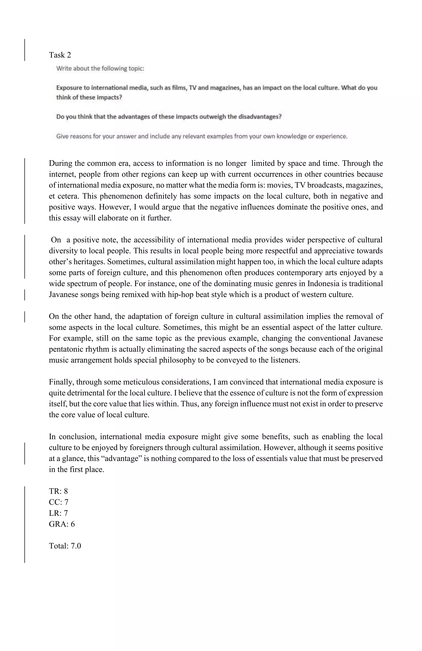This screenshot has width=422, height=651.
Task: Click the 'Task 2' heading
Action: [60, 55]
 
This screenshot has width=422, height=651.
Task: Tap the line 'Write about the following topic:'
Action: [100, 68]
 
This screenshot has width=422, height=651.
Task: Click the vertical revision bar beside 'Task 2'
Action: [25, 50]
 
